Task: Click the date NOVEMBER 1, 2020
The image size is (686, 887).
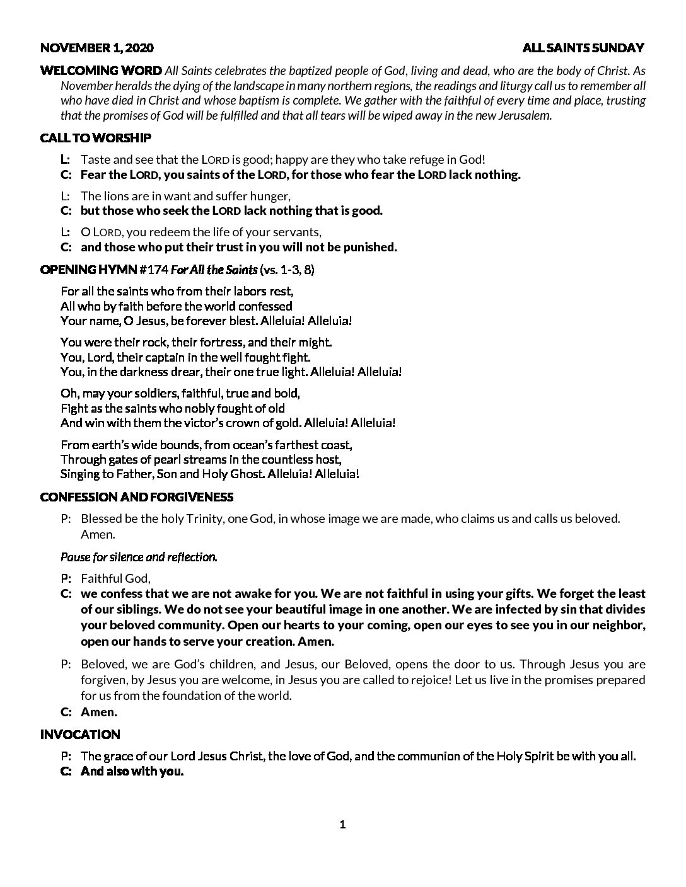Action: coord(96,48)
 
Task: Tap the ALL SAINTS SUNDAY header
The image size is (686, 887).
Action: coord(583,48)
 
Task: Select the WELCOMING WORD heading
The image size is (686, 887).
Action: coord(101,70)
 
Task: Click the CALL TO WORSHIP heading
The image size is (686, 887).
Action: coord(95,137)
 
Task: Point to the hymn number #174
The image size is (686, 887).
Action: coord(153,270)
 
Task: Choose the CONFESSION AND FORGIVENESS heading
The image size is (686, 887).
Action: coord(136,497)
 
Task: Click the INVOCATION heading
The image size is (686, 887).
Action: coord(79,735)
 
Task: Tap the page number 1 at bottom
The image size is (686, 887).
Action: coord(343,825)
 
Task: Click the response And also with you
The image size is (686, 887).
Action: coord(132,772)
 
